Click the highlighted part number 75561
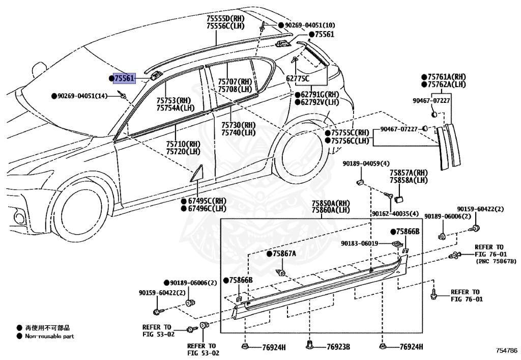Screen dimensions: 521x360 pos(125,78)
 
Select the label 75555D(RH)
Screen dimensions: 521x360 pos(225,19)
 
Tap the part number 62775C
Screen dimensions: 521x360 pos(297,79)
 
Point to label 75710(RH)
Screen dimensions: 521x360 pos(183,144)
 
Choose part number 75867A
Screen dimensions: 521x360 pos(284,254)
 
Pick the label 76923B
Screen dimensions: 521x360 pos(338,347)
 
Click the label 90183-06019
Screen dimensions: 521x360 pos(360,243)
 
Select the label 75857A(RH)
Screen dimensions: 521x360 pos(409,173)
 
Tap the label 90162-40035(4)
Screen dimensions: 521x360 pos(395,213)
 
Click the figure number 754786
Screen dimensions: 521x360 pos(507,350)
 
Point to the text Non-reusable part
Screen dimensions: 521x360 pos(49,336)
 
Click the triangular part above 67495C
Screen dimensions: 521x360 pos(197,174)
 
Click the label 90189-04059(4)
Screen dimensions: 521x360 pos(366,163)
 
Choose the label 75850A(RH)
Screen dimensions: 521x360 pos(331,203)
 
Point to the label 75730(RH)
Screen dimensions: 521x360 pos(238,125)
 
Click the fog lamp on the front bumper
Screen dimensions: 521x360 pos(19,218)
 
